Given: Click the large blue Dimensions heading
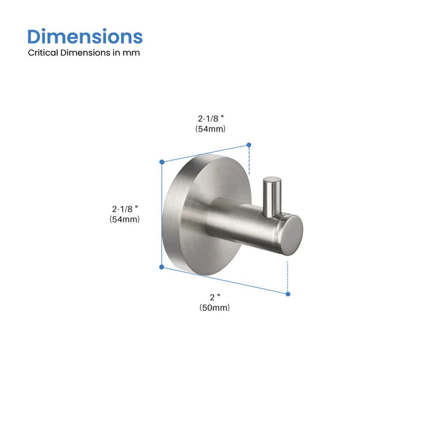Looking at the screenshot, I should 85,36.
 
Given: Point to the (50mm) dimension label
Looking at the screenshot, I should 214,308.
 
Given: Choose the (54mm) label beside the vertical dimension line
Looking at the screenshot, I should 125,219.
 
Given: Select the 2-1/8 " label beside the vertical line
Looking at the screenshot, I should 125,208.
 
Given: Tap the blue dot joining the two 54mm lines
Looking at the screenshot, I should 162,162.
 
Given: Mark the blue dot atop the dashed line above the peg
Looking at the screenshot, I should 249,145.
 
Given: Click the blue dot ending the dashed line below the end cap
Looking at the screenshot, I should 287,294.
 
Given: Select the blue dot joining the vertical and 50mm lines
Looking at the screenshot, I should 162,267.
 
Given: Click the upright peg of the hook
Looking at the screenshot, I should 270,195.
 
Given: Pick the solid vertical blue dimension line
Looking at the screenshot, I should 162,214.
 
